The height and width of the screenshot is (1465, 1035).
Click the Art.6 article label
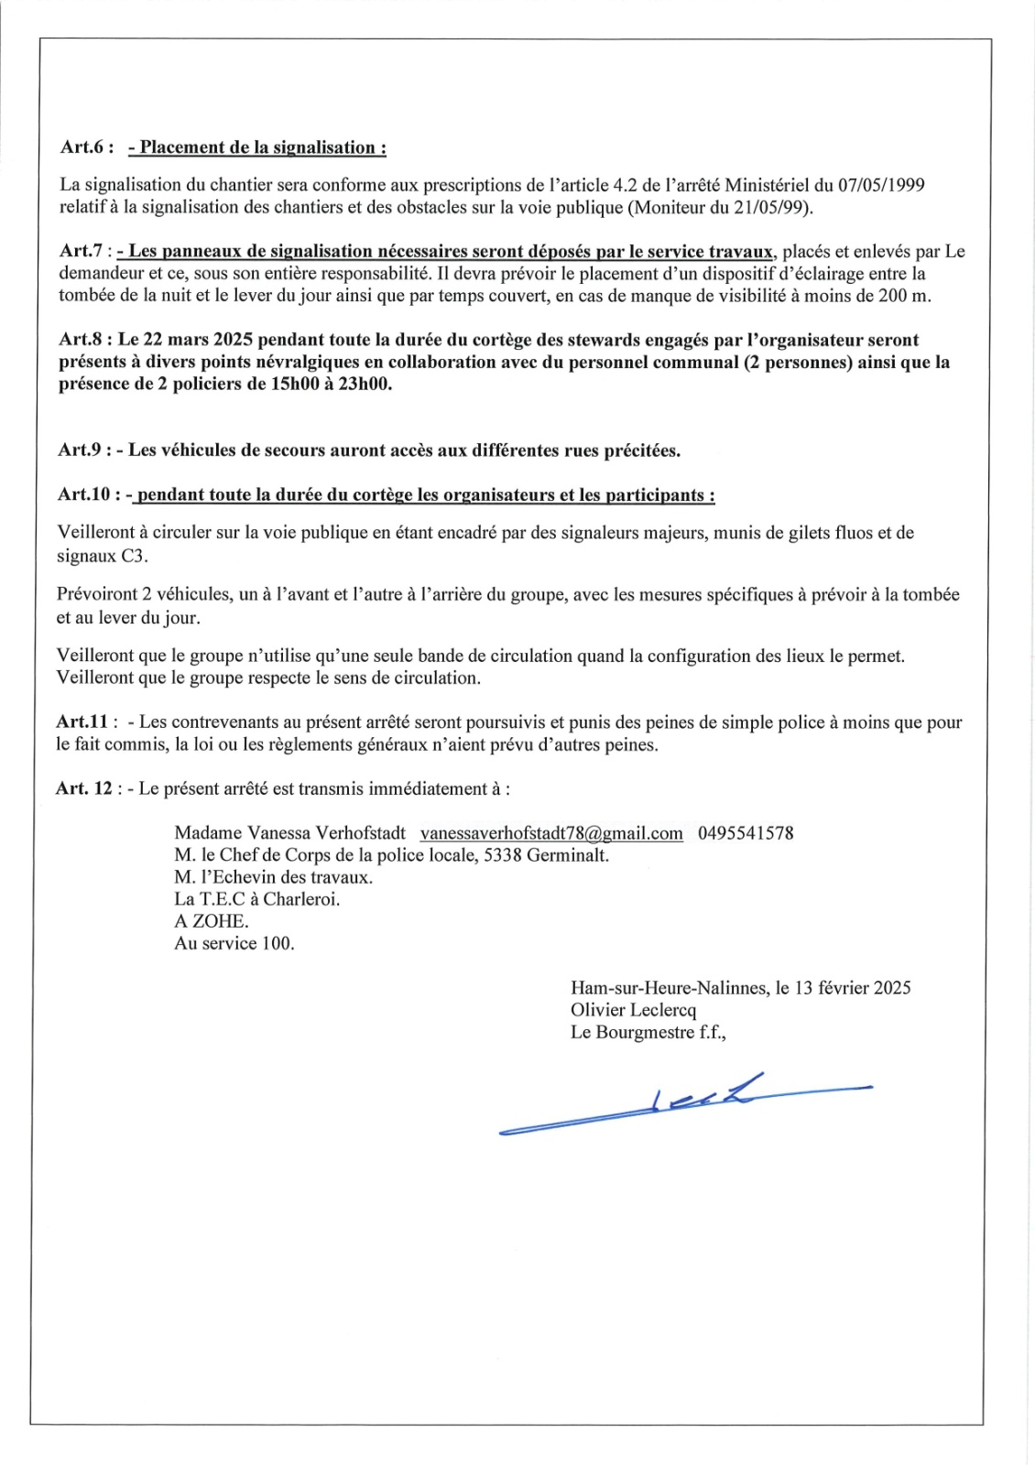click(x=85, y=147)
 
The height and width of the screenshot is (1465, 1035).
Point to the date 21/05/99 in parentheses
click(x=771, y=208)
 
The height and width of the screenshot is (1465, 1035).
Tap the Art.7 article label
click(x=83, y=252)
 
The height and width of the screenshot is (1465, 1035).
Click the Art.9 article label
click(x=83, y=450)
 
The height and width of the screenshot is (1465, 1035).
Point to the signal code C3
click(x=133, y=556)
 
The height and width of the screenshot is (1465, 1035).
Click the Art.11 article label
click(x=82, y=722)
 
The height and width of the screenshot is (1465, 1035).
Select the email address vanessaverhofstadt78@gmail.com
click(x=551, y=833)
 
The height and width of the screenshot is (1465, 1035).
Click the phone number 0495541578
click(x=746, y=833)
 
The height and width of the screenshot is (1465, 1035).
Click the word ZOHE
click(x=219, y=921)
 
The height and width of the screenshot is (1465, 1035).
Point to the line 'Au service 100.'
click(x=234, y=943)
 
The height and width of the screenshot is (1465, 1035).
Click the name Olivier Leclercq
click(x=633, y=1010)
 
